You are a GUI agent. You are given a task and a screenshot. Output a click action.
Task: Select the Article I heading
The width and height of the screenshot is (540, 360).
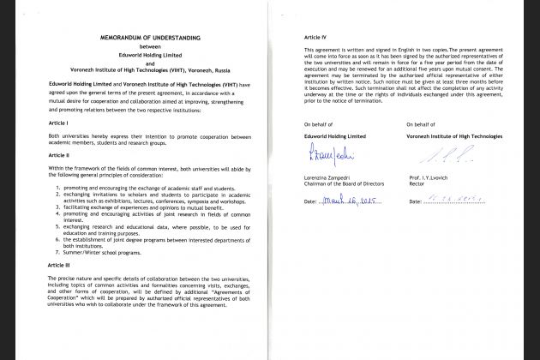60,124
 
